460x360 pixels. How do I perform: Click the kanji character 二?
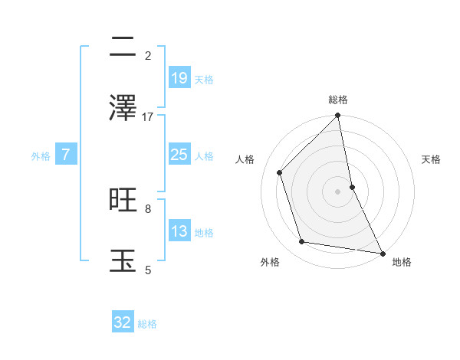(123, 48)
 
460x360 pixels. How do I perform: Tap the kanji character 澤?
(123, 108)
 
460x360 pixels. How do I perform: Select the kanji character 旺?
(123, 200)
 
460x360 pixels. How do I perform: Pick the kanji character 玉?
(123, 260)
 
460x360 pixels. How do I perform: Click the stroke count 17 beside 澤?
(148, 116)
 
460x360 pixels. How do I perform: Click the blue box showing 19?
(179, 78)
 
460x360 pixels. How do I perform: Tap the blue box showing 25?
(179, 155)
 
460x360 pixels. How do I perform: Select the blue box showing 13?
(179, 231)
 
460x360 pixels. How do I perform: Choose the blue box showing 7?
(66, 155)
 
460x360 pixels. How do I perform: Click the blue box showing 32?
(123, 322)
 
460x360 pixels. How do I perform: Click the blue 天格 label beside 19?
(204, 80)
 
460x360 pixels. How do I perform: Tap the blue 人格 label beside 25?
(204, 156)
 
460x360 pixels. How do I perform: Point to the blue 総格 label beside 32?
(147, 324)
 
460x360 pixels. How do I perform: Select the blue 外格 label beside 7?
(41, 156)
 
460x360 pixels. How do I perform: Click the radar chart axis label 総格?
(338, 100)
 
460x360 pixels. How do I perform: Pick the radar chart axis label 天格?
(432, 159)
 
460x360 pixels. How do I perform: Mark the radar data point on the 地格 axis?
(382, 253)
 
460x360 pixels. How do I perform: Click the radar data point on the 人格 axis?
(280, 172)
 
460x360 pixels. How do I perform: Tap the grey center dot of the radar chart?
(338, 191)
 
